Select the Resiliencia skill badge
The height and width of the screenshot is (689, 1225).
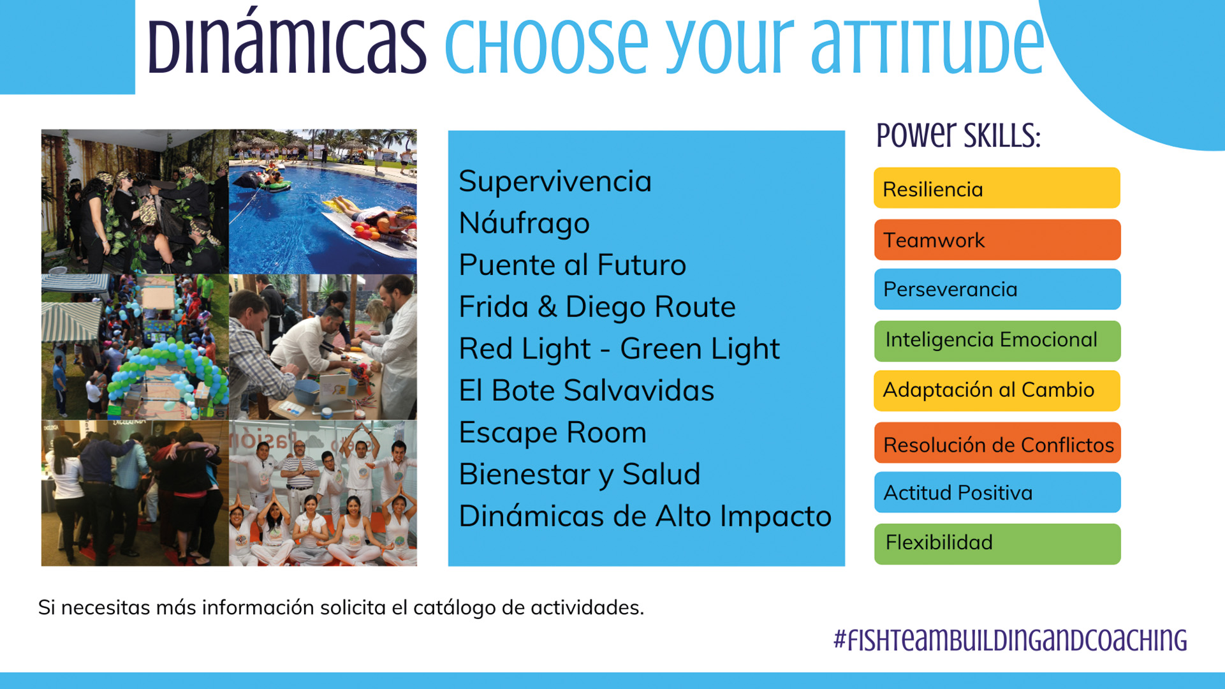point(997,188)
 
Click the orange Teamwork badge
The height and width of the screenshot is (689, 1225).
point(997,240)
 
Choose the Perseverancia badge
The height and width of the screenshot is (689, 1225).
point(997,289)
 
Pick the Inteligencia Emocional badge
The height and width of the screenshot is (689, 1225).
point(997,341)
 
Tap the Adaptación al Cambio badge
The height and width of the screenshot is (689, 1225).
point(997,390)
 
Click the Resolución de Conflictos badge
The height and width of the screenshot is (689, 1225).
point(997,443)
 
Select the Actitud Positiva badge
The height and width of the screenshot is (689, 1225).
point(997,492)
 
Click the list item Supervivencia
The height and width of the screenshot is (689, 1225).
point(555,181)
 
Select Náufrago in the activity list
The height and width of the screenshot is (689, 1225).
point(524,223)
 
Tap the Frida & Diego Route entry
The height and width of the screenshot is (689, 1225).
point(597,307)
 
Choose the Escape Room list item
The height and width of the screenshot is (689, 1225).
point(552,433)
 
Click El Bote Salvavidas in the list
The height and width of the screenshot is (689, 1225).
point(586,390)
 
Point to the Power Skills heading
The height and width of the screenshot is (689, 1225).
point(958,135)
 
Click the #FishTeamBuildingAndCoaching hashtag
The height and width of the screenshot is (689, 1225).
point(1010,640)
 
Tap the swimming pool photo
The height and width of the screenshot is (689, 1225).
point(323,202)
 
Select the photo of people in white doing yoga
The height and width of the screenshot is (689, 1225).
point(323,493)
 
